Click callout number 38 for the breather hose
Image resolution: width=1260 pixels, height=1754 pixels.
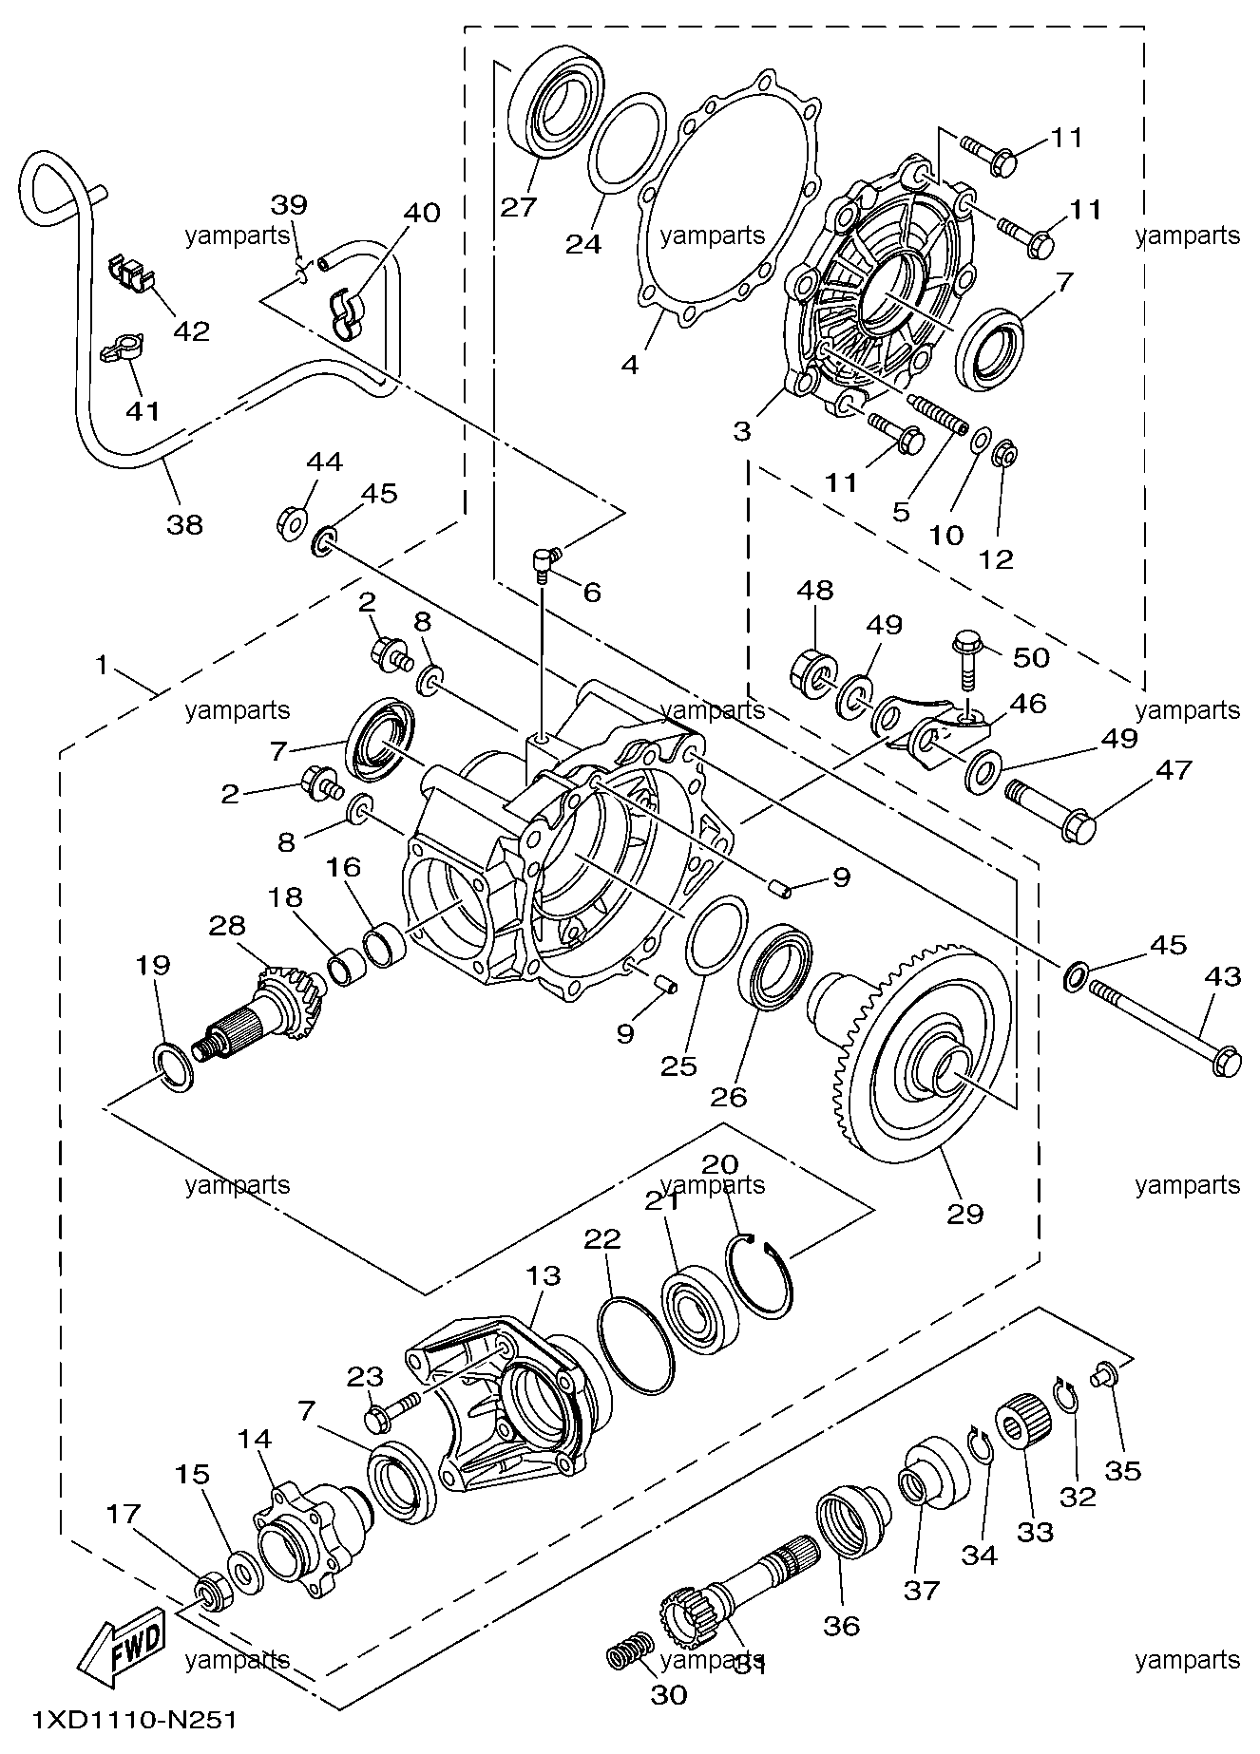click(x=185, y=523)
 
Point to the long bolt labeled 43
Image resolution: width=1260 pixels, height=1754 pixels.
click(x=1168, y=1028)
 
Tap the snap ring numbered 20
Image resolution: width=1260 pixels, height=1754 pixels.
click(x=757, y=1275)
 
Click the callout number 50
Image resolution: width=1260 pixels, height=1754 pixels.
click(x=1029, y=657)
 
